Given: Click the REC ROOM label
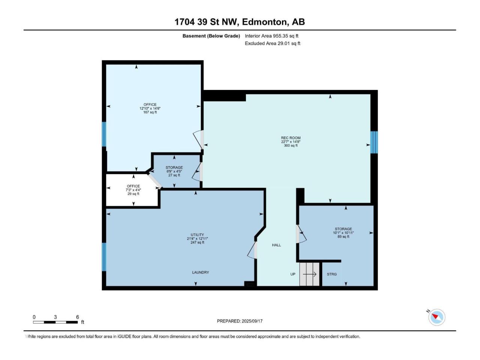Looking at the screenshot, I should [291, 138].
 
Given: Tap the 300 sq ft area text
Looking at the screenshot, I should [291, 145].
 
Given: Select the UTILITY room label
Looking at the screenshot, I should [197, 235].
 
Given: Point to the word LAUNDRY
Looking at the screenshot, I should [201, 272].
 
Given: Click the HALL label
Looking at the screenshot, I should [276, 245].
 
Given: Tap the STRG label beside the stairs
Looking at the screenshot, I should [331, 274].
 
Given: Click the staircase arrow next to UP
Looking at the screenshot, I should [309, 274].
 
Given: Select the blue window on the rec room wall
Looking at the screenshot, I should [373, 142].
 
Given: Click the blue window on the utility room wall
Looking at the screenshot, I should [104, 256].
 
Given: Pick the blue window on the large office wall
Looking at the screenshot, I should [104, 134].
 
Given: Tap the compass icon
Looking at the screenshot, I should [436, 317].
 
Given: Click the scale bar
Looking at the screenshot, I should [55, 322].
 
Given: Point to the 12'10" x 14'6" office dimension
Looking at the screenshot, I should [150, 108].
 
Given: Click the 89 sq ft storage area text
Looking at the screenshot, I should [343, 237].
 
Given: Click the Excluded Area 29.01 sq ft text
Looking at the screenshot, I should [272, 43].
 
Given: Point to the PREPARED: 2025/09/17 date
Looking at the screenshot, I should [240, 321].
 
